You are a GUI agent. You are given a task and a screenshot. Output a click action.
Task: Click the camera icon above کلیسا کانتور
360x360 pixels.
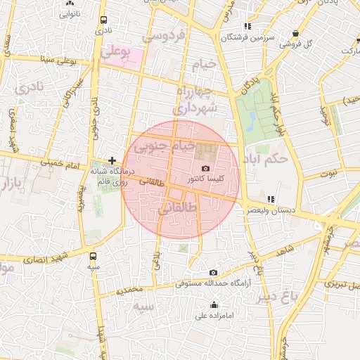pos(205,168)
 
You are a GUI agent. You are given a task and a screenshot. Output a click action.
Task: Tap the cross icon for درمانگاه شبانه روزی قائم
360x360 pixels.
pos(112,161)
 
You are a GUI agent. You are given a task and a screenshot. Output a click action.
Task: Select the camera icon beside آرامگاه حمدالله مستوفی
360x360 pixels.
pos(214,272)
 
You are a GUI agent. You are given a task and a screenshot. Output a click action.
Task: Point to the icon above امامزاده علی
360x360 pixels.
pos(214,304)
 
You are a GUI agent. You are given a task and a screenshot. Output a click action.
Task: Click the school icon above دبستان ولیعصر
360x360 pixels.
pos(271,199)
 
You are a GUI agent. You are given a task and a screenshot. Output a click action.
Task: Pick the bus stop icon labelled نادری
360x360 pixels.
pos(104,20)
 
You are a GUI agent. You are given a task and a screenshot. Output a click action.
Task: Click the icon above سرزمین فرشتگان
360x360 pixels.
pos(235,27)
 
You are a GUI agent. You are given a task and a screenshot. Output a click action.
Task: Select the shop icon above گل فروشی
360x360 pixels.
pos(295,33)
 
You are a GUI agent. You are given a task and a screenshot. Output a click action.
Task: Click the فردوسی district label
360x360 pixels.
pos(163,34)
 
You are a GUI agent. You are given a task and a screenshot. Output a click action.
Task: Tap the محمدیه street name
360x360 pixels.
pos(130,290)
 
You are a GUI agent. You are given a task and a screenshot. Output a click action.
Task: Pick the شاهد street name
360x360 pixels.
pos(285,251)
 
